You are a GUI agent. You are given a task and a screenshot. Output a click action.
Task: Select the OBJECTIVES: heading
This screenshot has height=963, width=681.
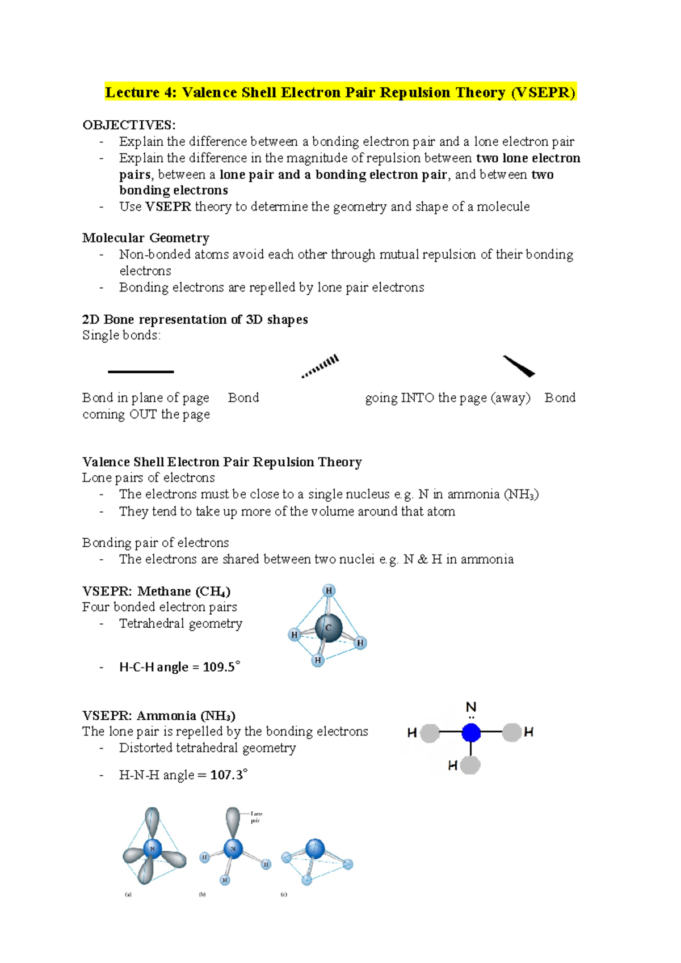(x=129, y=125)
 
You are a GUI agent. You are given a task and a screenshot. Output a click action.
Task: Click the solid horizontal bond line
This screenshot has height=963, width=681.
(x=141, y=371)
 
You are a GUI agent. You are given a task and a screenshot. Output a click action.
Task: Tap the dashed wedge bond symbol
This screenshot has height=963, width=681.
(x=321, y=366)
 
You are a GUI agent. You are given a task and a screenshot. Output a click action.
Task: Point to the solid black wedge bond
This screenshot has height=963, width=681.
(x=519, y=366)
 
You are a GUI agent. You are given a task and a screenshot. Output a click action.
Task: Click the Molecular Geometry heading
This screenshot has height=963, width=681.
(x=146, y=238)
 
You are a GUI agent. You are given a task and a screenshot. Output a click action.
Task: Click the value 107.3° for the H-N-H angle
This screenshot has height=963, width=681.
(x=229, y=775)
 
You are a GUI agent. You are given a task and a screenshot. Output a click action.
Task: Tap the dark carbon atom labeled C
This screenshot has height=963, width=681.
(x=329, y=627)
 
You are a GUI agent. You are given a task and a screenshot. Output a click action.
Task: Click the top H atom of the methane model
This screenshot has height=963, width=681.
(x=329, y=590)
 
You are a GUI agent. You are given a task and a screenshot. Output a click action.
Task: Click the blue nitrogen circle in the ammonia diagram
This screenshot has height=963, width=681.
(x=471, y=733)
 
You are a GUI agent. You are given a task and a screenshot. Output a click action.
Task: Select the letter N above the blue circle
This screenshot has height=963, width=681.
(x=471, y=707)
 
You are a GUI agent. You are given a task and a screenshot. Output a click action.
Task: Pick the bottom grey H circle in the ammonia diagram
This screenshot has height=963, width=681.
(x=470, y=765)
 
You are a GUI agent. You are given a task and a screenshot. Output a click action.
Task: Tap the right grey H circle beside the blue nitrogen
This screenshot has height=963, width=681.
(x=512, y=732)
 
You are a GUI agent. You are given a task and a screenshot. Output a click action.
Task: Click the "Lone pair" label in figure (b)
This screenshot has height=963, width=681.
(x=256, y=817)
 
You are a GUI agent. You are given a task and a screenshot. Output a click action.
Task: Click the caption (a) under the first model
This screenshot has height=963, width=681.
(x=128, y=894)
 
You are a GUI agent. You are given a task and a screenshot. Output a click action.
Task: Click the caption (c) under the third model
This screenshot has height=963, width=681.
(x=284, y=894)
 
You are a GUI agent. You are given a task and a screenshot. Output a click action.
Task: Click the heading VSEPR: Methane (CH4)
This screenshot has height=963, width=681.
(x=156, y=591)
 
